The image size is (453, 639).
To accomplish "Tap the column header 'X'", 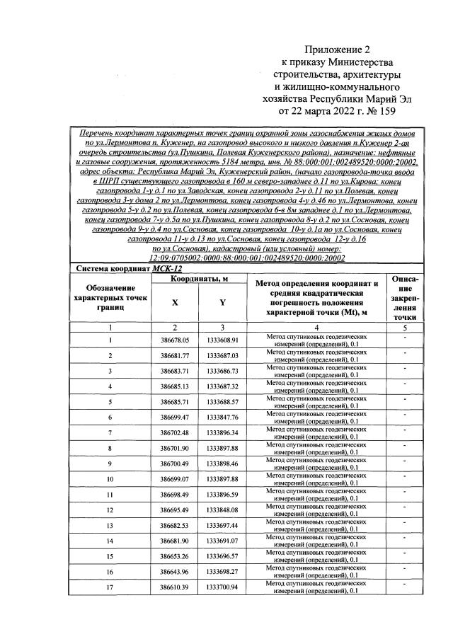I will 174,302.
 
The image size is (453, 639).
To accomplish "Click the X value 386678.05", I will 174,340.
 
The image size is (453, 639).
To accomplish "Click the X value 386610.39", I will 174,587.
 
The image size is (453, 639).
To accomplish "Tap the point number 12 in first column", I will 110,510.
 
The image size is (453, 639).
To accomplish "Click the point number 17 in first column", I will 110,587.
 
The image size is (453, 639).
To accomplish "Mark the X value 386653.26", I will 174,556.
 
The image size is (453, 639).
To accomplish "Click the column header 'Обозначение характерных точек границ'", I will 110,297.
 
